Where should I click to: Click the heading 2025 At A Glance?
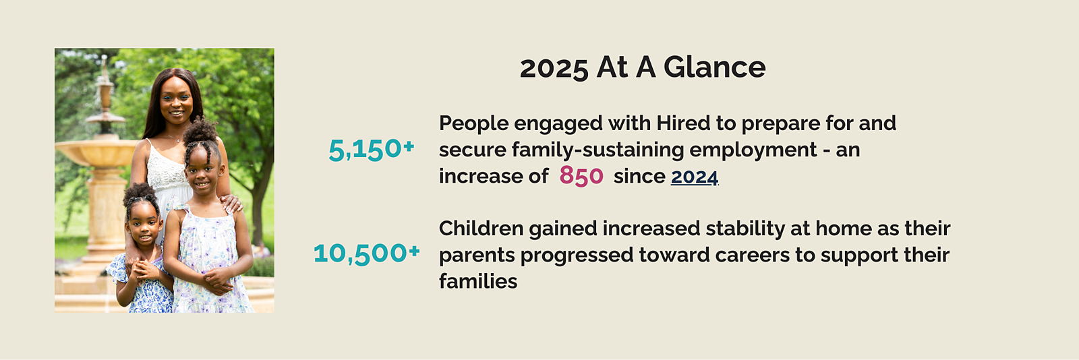pos(643,67)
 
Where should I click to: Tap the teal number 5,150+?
pos(371,149)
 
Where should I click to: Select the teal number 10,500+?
pos(367,253)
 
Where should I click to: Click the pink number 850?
pos(581,176)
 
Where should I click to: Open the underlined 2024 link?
pos(695,177)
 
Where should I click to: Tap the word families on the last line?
pos(478,282)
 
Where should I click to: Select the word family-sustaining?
pos(597,150)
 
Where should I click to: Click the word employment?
pos(753,150)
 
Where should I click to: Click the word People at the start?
pos(473,123)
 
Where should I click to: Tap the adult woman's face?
pos(176,102)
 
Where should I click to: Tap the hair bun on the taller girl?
pos(200,131)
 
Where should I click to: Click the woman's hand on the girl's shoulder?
pos(232,204)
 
